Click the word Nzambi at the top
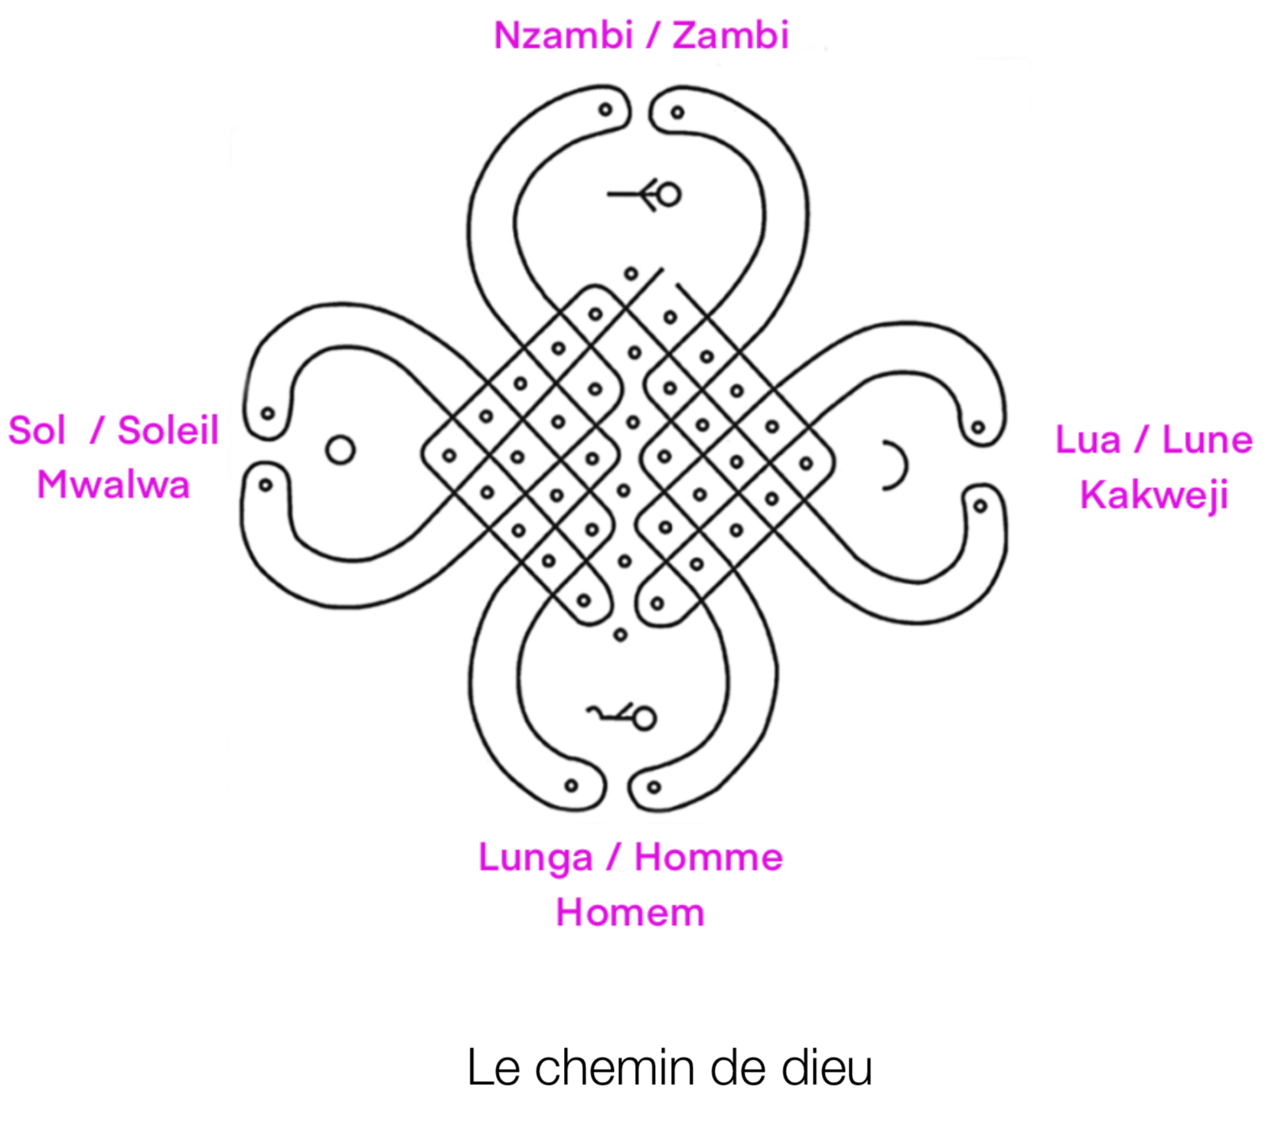562,35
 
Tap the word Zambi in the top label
730,35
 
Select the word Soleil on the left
168,430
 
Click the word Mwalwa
113,485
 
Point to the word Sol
37,430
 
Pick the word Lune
1207,440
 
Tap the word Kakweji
1153,495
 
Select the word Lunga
535,858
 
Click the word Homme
708,857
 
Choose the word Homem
630,912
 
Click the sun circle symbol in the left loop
341,449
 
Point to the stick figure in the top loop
645,194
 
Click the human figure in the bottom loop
624,717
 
